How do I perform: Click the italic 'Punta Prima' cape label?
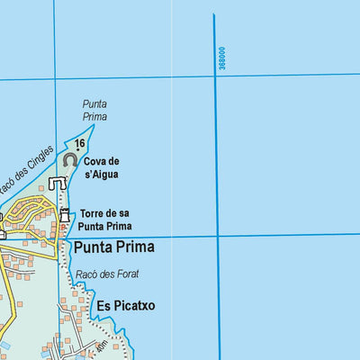(94, 110)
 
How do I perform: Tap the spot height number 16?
(80, 143)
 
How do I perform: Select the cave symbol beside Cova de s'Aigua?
(70, 159)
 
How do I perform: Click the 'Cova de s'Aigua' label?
(101, 167)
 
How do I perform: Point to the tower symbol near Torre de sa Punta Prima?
(66, 216)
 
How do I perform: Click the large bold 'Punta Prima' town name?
(114, 247)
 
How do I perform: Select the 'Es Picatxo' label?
(127, 306)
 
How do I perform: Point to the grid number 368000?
(221, 59)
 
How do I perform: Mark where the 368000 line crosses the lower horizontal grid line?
(217, 236)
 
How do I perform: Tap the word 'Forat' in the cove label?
(127, 274)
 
